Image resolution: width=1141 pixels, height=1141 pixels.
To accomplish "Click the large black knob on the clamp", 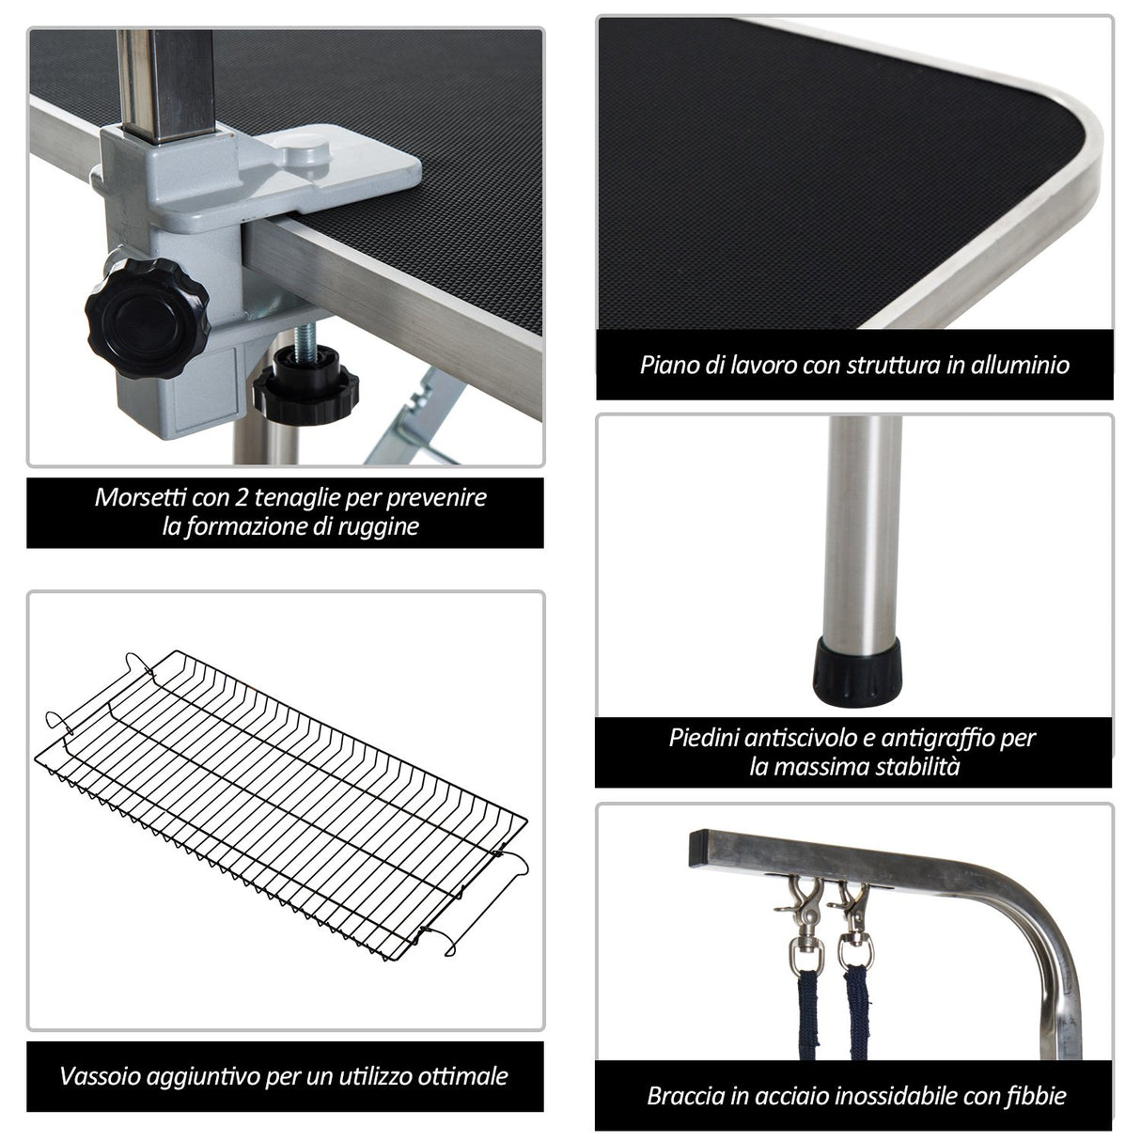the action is (148, 318).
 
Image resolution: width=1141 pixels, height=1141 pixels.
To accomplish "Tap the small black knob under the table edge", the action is (305, 384).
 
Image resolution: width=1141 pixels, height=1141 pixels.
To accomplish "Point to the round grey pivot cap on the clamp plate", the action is (305, 149).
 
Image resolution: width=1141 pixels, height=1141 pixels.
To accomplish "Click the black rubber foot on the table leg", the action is (857, 671).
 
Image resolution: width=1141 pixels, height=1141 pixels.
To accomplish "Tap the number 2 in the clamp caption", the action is (242, 498).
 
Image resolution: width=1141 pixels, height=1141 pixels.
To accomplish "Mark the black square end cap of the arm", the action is (698, 848).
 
